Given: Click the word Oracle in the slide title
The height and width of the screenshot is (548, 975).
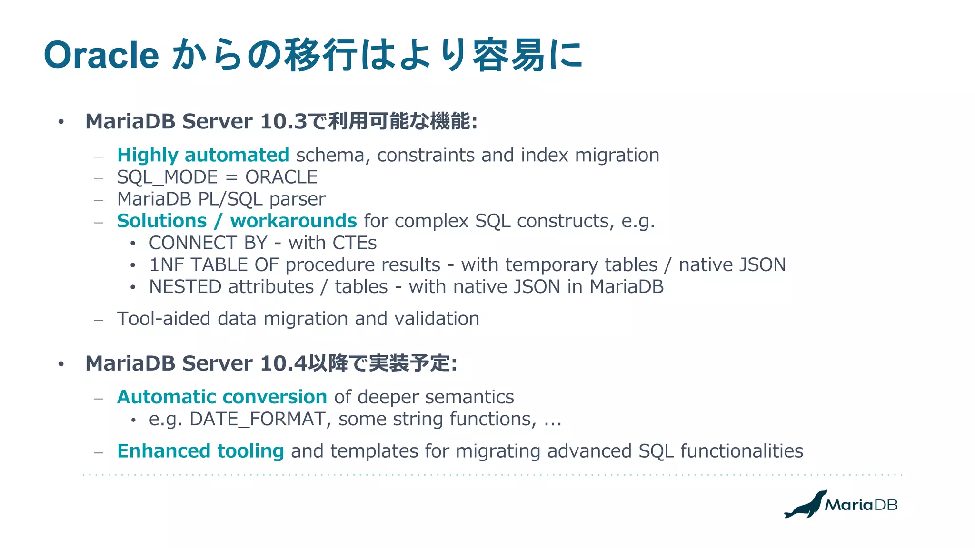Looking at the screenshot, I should point(101,55).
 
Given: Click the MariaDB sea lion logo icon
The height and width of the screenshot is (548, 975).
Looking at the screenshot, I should point(806,504).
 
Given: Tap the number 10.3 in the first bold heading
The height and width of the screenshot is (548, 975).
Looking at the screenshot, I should point(284,121).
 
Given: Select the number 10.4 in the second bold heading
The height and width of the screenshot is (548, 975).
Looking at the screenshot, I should point(284,363).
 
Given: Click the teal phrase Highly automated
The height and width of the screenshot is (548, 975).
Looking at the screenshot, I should point(203,155).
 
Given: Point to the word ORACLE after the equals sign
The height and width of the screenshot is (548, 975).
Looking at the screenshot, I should point(281,177).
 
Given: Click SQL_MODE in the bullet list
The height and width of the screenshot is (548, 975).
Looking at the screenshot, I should point(167,177).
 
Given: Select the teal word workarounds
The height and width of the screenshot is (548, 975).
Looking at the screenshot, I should point(293,221).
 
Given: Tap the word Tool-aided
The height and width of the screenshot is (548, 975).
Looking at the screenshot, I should point(163,319).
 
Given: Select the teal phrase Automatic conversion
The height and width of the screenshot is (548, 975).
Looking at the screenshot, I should point(222,397).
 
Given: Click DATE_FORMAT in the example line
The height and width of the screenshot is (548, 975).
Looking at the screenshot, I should point(257,419).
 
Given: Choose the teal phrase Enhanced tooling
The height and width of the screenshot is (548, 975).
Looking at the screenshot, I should point(200,451).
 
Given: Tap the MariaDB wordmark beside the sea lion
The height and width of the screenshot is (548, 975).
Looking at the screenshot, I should point(861,505).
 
